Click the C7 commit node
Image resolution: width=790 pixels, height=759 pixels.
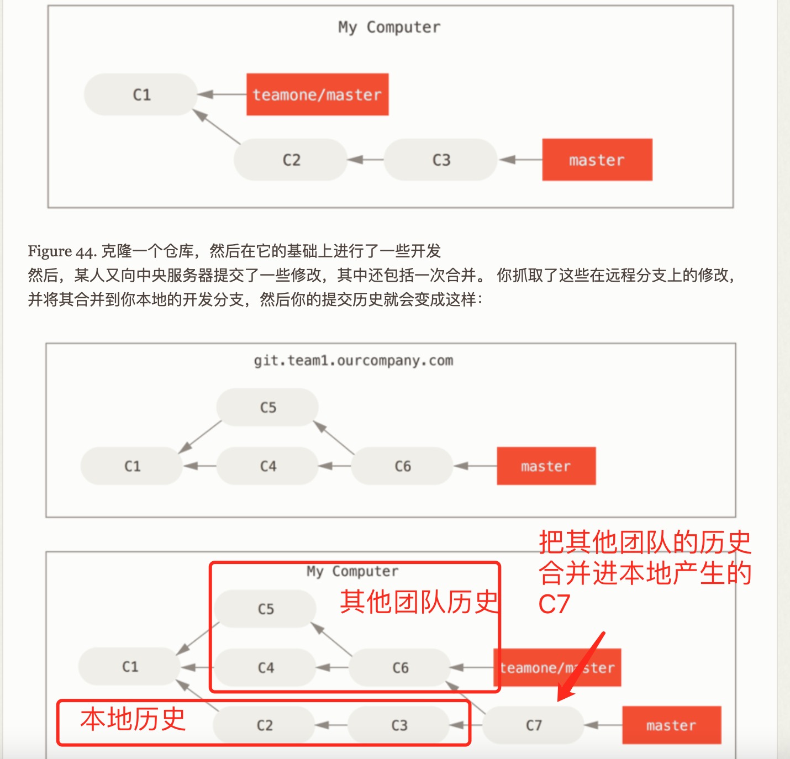tap(533, 725)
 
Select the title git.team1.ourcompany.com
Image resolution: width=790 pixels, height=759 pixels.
tap(353, 361)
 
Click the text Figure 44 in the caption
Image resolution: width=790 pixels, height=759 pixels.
tap(62, 251)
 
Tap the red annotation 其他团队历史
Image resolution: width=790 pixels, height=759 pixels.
tap(419, 602)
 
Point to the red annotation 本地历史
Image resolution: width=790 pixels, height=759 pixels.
tap(133, 719)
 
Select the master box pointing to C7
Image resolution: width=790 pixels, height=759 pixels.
tap(671, 725)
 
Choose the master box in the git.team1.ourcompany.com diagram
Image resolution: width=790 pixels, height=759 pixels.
tap(546, 466)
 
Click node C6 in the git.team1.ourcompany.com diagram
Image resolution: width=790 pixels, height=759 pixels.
tap(402, 466)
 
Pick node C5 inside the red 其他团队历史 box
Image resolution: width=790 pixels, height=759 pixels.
tap(266, 609)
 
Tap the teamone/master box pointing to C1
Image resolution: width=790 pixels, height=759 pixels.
tap(317, 94)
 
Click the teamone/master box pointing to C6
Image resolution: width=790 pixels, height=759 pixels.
tap(557, 667)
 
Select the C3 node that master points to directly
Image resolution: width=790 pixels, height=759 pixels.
tap(441, 160)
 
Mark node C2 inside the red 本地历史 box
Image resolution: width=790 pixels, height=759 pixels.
tap(265, 725)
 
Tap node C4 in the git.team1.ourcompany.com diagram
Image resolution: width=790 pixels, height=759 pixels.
tap(268, 466)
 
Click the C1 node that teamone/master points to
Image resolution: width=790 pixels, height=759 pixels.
tap(141, 94)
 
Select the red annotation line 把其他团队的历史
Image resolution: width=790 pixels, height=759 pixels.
tap(644, 542)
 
